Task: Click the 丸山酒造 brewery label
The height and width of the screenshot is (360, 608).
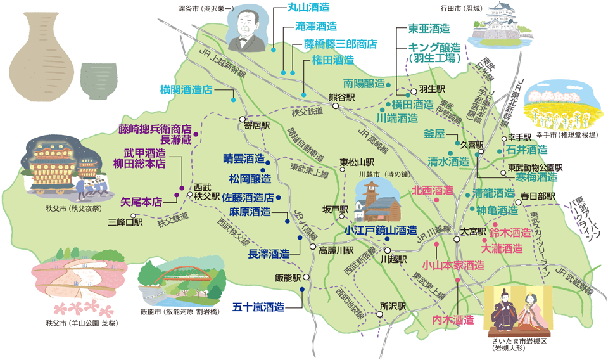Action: [309, 8]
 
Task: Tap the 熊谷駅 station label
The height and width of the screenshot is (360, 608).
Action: [342, 98]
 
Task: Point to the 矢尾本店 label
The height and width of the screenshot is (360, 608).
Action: [141, 202]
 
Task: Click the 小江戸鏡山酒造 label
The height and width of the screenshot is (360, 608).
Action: [381, 230]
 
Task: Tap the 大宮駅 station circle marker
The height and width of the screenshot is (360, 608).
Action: [457, 240]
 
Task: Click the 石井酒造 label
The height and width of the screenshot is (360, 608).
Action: [526, 150]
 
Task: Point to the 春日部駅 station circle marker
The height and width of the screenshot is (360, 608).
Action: [518, 202]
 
